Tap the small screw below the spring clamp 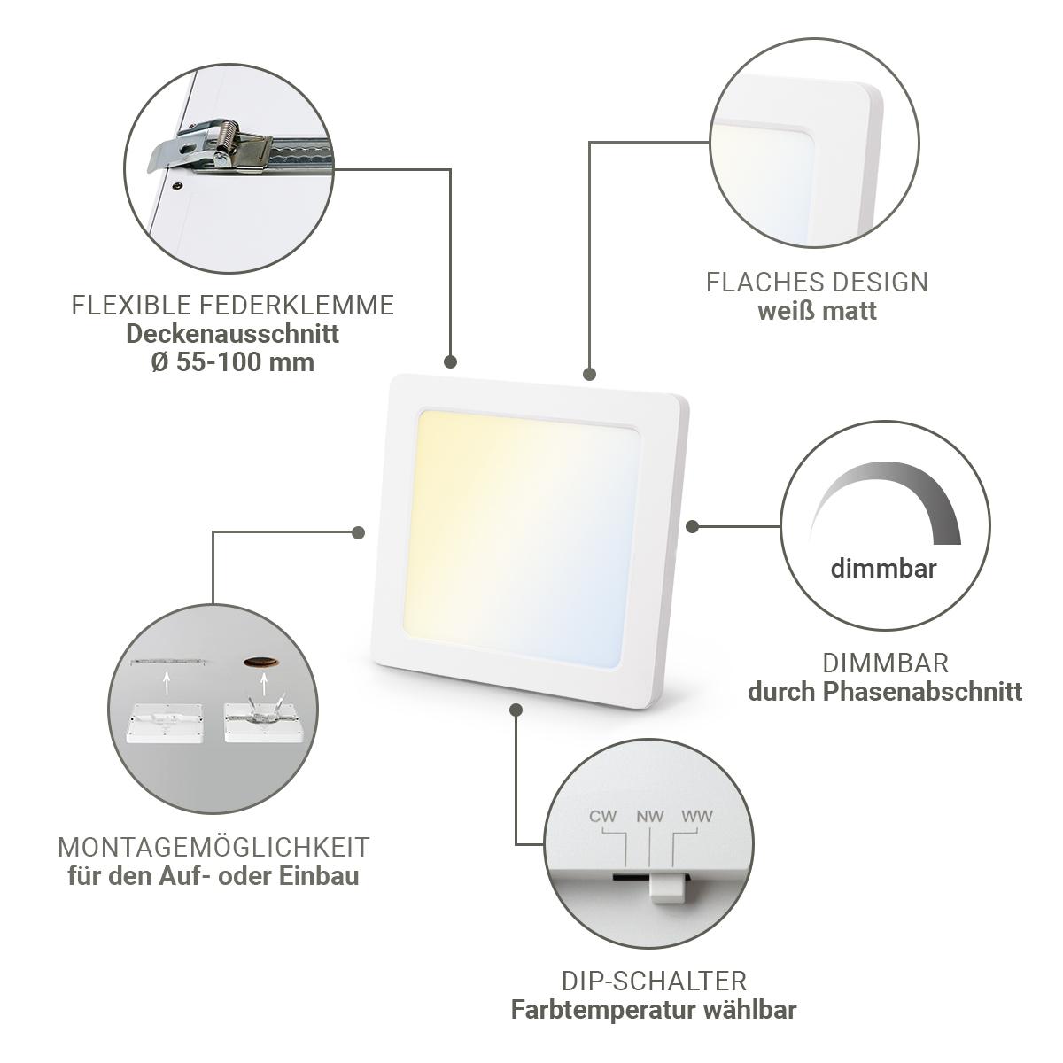point(178,185)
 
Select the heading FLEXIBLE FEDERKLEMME point(233,305)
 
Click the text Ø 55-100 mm point(233,362)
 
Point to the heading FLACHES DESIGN point(817,282)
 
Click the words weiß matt point(817,311)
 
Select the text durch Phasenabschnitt point(885,692)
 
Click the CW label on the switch point(602,817)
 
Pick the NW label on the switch point(650,817)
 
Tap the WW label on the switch point(697,817)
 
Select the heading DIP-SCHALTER point(655,982)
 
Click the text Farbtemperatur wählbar point(655,1010)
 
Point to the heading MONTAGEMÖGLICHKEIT point(213,848)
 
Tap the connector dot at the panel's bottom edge point(516,710)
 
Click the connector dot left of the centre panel point(359,532)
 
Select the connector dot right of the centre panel point(693,526)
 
